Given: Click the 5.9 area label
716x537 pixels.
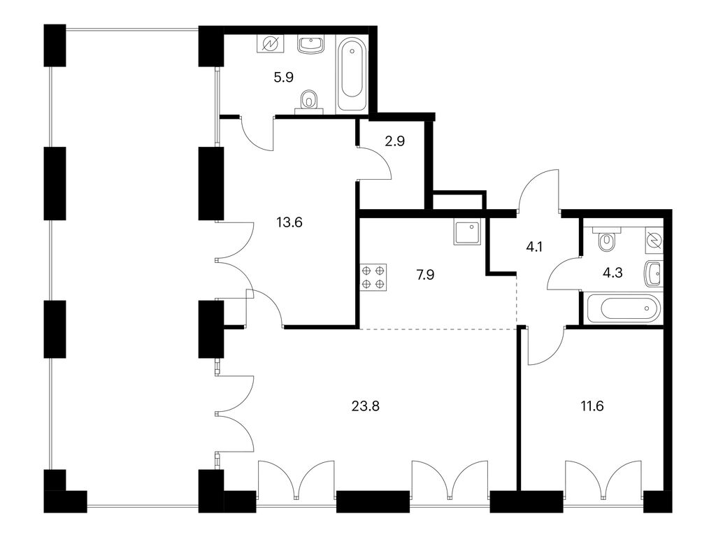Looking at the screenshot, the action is pos(283,77).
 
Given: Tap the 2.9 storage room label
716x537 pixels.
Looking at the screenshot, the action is pos(394,141).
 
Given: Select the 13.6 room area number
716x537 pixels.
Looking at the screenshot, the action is pos(289,222).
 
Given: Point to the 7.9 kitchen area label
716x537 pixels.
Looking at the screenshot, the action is pos(424,275).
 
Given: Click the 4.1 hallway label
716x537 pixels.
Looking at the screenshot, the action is pos(534,247).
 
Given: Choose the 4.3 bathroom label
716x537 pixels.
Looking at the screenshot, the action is pos(613,273).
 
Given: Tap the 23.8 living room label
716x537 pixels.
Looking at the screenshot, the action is pos(365,406).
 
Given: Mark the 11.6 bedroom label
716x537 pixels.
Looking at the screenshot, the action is pos(592,406).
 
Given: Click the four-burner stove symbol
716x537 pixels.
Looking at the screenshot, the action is pos(373,277).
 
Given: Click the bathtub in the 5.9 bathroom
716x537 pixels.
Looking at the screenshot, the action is pos(352,74).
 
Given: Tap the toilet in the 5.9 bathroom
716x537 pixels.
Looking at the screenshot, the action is pos(309,101).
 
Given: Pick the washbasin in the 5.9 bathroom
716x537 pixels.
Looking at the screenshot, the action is pos(311,45).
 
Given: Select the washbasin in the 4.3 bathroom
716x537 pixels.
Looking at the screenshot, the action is pos(654,273).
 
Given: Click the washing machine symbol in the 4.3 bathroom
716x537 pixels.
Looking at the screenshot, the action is pos(654,241).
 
